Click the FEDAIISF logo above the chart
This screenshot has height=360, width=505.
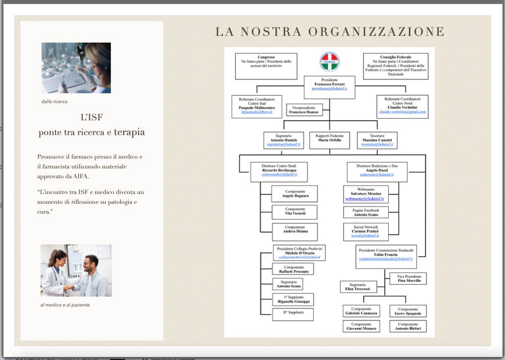[x=329, y=62]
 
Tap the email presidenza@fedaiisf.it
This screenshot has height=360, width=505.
[x=329, y=88]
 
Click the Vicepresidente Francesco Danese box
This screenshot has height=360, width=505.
[x=304, y=110]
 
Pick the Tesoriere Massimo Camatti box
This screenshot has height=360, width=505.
[x=376, y=140]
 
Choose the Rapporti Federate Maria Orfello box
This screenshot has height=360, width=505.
[x=329, y=140]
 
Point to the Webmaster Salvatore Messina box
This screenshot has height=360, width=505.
[x=366, y=194]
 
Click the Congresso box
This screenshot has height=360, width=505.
[x=266, y=66]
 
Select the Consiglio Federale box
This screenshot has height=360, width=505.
[x=396, y=66]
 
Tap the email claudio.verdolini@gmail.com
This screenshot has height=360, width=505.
[x=402, y=112]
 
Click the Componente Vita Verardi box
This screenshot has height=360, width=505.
[x=294, y=212]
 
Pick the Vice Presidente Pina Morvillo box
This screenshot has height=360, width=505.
[x=408, y=278]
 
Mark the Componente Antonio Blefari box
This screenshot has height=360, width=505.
[x=408, y=327]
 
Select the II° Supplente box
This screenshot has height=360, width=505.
[x=293, y=313]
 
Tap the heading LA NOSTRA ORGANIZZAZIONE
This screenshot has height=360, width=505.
[x=330, y=32]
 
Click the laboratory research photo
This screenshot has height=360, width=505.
[x=76, y=68]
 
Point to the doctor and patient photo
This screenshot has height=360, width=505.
[x=76, y=270]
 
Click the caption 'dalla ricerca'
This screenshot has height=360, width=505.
[x=54, y=102]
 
